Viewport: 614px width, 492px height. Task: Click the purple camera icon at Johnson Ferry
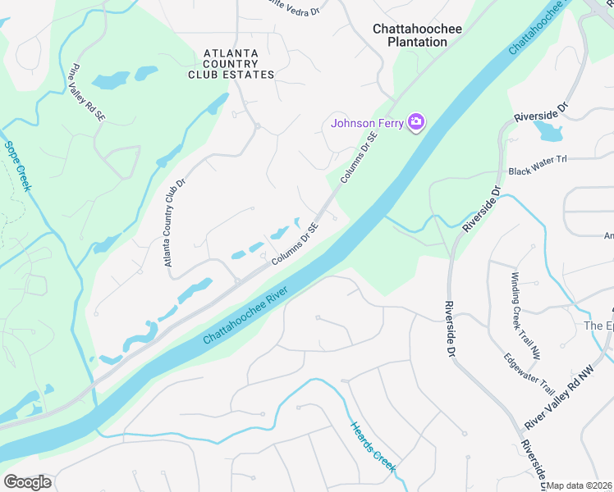click(x=416, y=123)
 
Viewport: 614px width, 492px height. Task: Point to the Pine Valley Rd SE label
click(x=89, y=91)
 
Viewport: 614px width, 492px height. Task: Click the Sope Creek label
click(x=18, y=166)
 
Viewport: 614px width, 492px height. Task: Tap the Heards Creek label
click(x=373, y=447)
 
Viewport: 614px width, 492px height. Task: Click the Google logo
click(x=27, y=481)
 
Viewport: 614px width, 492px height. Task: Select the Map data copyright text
click(x=580, y=485)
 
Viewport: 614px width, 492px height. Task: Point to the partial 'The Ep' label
click(x=598, y=326)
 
